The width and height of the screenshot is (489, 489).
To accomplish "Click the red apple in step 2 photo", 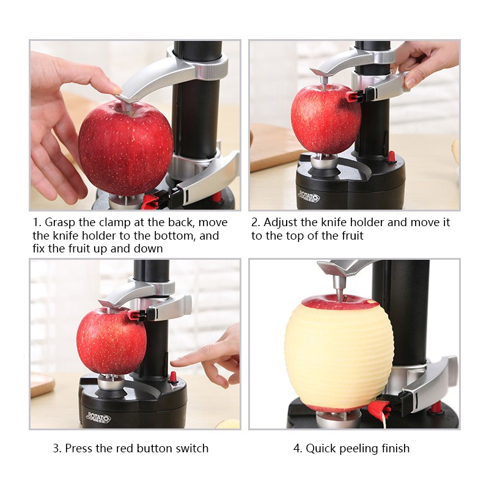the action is [x=326, y=119].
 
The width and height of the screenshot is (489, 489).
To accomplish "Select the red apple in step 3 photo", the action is [x=111, y=340].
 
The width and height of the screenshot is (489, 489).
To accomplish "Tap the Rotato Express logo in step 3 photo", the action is [x=98, y=417].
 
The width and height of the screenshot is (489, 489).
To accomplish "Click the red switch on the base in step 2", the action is [x=392, y=157].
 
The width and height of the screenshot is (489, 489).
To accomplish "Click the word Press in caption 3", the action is [x=78, y=449].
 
